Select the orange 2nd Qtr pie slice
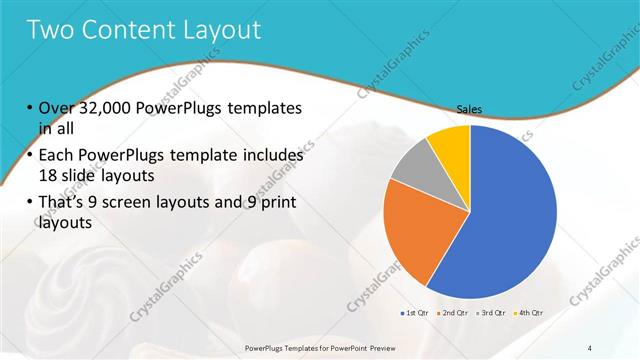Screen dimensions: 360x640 click(412, 235)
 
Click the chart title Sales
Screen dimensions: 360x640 click(470, 109)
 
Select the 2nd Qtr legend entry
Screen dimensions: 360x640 click(453, 313)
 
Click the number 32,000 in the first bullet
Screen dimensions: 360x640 click(110, 107)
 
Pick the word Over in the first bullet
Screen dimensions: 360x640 click(56, 107)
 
